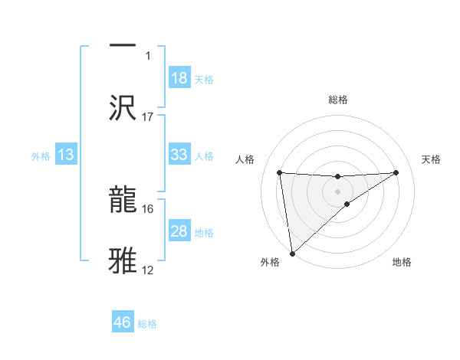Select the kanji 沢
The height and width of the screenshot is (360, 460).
[123, 106]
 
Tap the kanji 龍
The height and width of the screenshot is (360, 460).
[123, 198]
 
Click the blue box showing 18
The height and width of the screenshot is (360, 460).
[179, 78]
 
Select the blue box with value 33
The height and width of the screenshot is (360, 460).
[179, 155]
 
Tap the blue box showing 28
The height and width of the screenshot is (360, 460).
[179, 231]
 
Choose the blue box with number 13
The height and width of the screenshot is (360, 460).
[66, 155]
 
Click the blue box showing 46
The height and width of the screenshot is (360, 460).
[123, 322]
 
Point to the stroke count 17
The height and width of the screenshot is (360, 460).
[148, 117]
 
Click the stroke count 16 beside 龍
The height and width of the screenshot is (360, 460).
[148, 208]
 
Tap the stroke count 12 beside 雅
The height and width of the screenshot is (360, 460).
[148, 270]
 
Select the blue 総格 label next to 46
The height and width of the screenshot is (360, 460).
[147, 324]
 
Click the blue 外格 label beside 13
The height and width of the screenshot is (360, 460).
[41, 155]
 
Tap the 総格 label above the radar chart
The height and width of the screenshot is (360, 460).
[338, 100]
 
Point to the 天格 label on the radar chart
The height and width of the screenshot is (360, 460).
[432, 159]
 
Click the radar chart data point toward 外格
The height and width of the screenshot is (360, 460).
[292, 254]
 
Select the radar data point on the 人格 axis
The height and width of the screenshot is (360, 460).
[280, 172]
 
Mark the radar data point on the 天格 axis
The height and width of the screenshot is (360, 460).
[396, 172]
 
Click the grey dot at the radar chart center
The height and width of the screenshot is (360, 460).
[338, 191]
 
